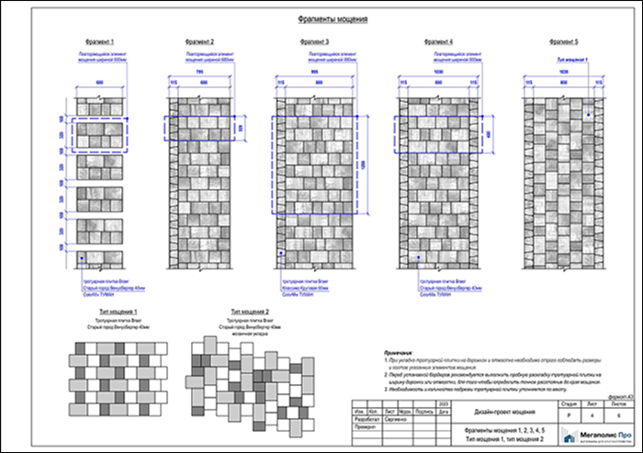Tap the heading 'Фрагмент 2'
click(199, 42)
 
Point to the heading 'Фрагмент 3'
click(314, 42)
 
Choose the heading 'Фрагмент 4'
click(438, 42)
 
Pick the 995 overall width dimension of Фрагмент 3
click(314, 74)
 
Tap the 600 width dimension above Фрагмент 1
click(100, 84)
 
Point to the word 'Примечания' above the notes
click(400, 352)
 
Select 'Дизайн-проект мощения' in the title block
click(500, 412)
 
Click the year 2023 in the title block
click(445, 404)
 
